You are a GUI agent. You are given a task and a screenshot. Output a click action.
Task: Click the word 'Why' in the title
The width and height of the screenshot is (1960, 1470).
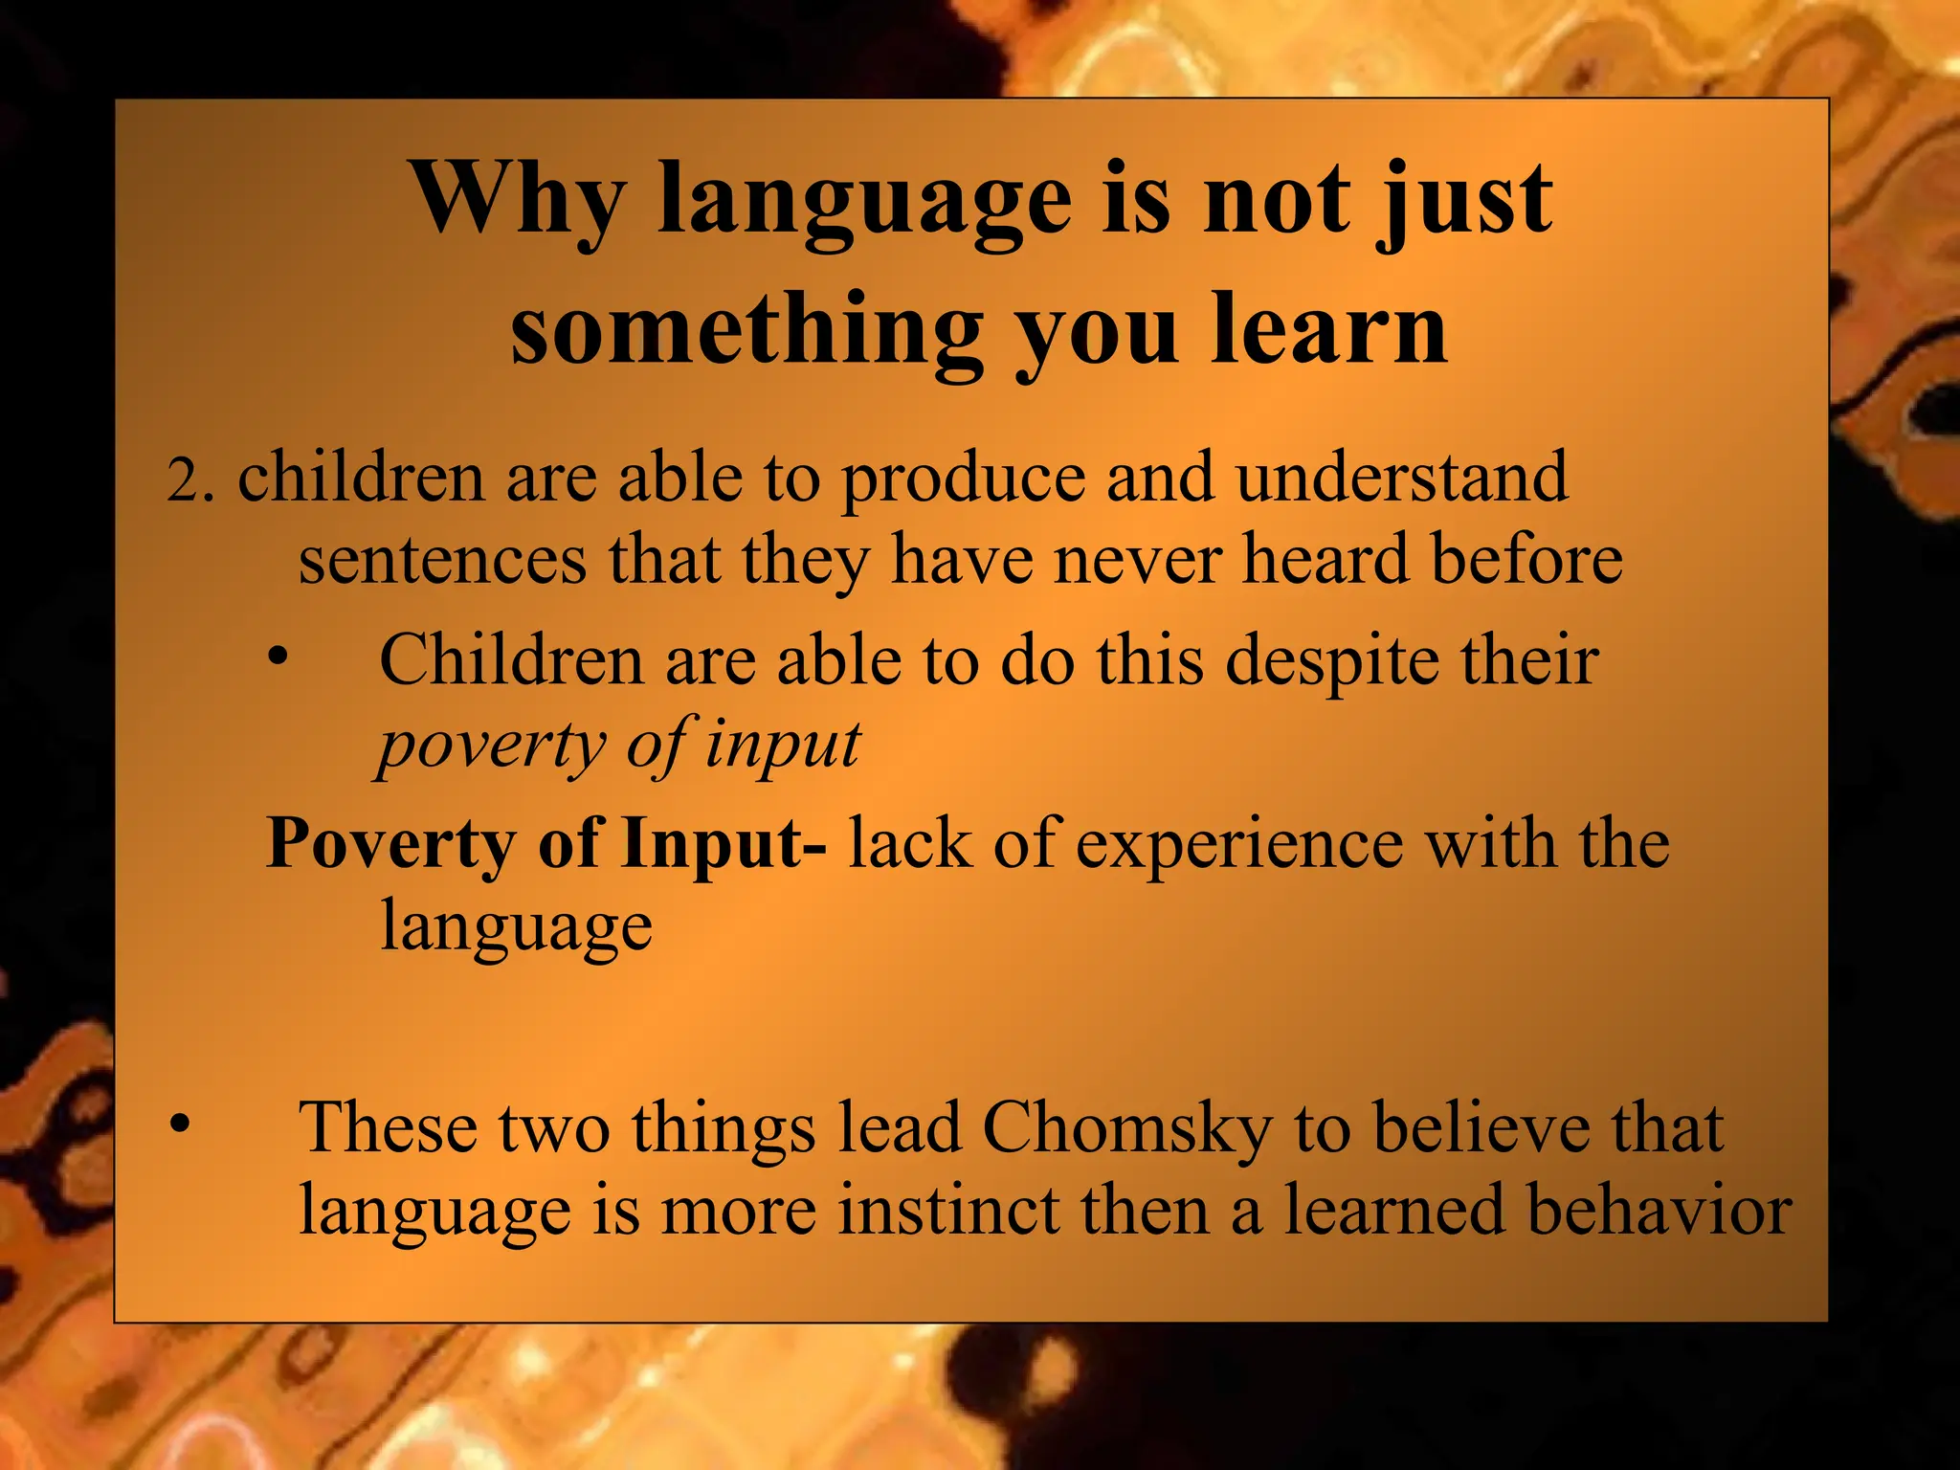pos(517,201)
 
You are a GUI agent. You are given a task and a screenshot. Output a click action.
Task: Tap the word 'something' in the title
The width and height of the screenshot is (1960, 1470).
pos(746,330)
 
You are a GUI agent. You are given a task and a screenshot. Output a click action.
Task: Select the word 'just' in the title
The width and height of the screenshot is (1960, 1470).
pos(1463,201)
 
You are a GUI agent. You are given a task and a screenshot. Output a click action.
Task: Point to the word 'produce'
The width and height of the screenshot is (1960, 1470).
pos(963,479)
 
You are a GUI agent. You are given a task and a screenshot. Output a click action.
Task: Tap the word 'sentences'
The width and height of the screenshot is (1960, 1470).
pos(442,560)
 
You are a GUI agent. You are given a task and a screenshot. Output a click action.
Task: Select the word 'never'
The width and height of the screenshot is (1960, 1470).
pos(1137,560)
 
